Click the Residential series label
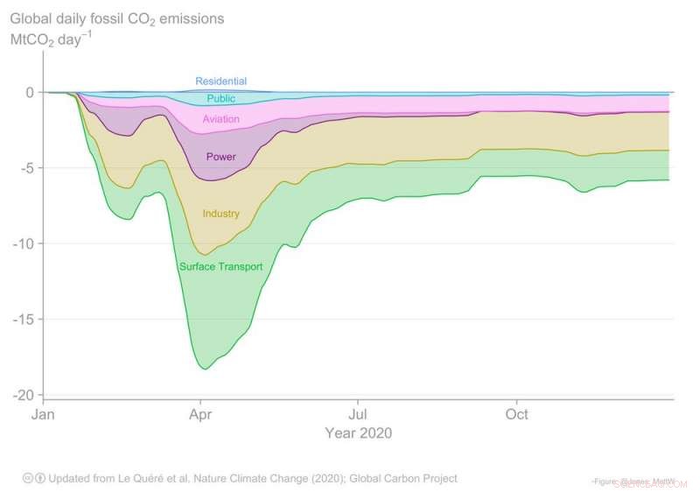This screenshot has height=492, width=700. pos(220,81)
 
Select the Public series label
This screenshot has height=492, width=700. pos(220,99)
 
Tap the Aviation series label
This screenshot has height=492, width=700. pos(220,119)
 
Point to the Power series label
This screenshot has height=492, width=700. pos(220,158)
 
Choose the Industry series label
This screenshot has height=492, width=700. pos(220,214)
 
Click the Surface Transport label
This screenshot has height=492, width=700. pos(220,266)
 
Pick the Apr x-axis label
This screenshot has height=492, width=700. pos(201,414)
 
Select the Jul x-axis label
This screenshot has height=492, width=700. pos(357,414)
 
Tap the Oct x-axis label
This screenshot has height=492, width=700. pos(517,414)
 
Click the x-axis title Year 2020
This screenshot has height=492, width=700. pos(358,433)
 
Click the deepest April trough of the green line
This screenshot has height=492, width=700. pos(206,369)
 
